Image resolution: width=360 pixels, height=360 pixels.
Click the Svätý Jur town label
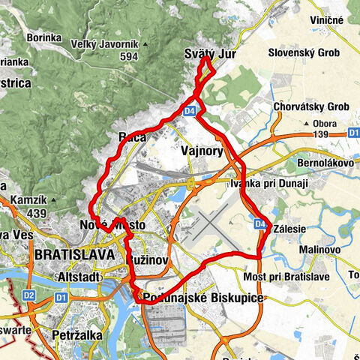[210, 53]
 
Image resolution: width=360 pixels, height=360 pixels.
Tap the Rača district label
[132, 137]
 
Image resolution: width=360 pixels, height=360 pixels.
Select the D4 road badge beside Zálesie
[259, 223]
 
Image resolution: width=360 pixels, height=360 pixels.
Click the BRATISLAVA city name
[74, 255]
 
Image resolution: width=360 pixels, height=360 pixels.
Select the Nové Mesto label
[111, 225]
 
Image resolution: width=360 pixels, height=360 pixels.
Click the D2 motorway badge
[28, 295]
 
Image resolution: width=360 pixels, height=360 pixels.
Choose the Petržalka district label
[76, 335]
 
